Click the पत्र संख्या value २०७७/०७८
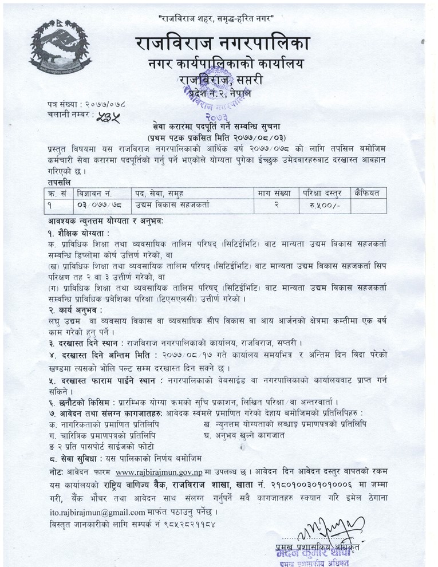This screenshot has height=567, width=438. (x=105, y=105)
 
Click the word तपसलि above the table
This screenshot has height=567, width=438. (x=60, y=182)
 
